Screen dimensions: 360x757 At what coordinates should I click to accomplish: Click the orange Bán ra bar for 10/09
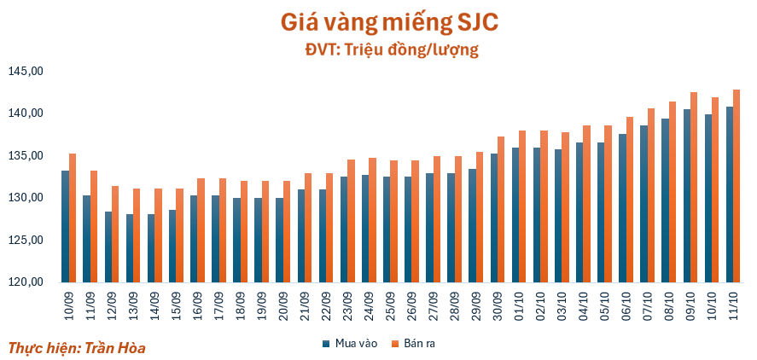click(x=73, y=218)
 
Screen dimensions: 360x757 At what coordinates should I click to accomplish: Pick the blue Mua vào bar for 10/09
click(x=65, y=227)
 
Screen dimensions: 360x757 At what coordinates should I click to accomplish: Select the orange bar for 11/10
click(x=737, y=186)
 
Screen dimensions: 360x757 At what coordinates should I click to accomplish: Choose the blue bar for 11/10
click(x=730, y=195)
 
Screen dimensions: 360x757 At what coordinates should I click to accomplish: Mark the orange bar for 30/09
click(x=502, y=209)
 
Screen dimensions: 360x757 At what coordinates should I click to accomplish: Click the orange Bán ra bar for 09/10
click(x=695, y=187)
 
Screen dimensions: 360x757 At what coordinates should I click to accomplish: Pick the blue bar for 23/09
click(x=344, y=229)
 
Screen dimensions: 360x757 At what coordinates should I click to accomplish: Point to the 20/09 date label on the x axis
click(x=283, y=301)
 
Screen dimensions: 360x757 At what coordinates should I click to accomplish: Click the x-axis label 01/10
click(x=519, y=301)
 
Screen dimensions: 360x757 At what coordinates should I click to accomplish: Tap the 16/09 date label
click(x=197, y=301)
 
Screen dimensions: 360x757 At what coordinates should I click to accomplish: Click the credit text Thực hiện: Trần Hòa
click(x=77, y=348)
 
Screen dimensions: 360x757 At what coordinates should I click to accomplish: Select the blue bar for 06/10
click(x=623, y=208)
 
